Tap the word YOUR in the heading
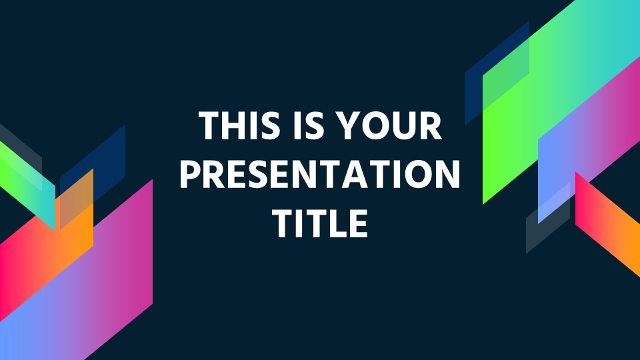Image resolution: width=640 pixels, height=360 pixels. (391, 125)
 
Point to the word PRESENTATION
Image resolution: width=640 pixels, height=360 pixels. (320, 174)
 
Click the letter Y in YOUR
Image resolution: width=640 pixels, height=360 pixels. (351, 125)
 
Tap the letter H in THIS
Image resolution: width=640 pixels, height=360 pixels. (235, 125)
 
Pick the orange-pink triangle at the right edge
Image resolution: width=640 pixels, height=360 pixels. (606, 223)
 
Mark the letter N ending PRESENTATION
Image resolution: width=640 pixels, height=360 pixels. (448, 174)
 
